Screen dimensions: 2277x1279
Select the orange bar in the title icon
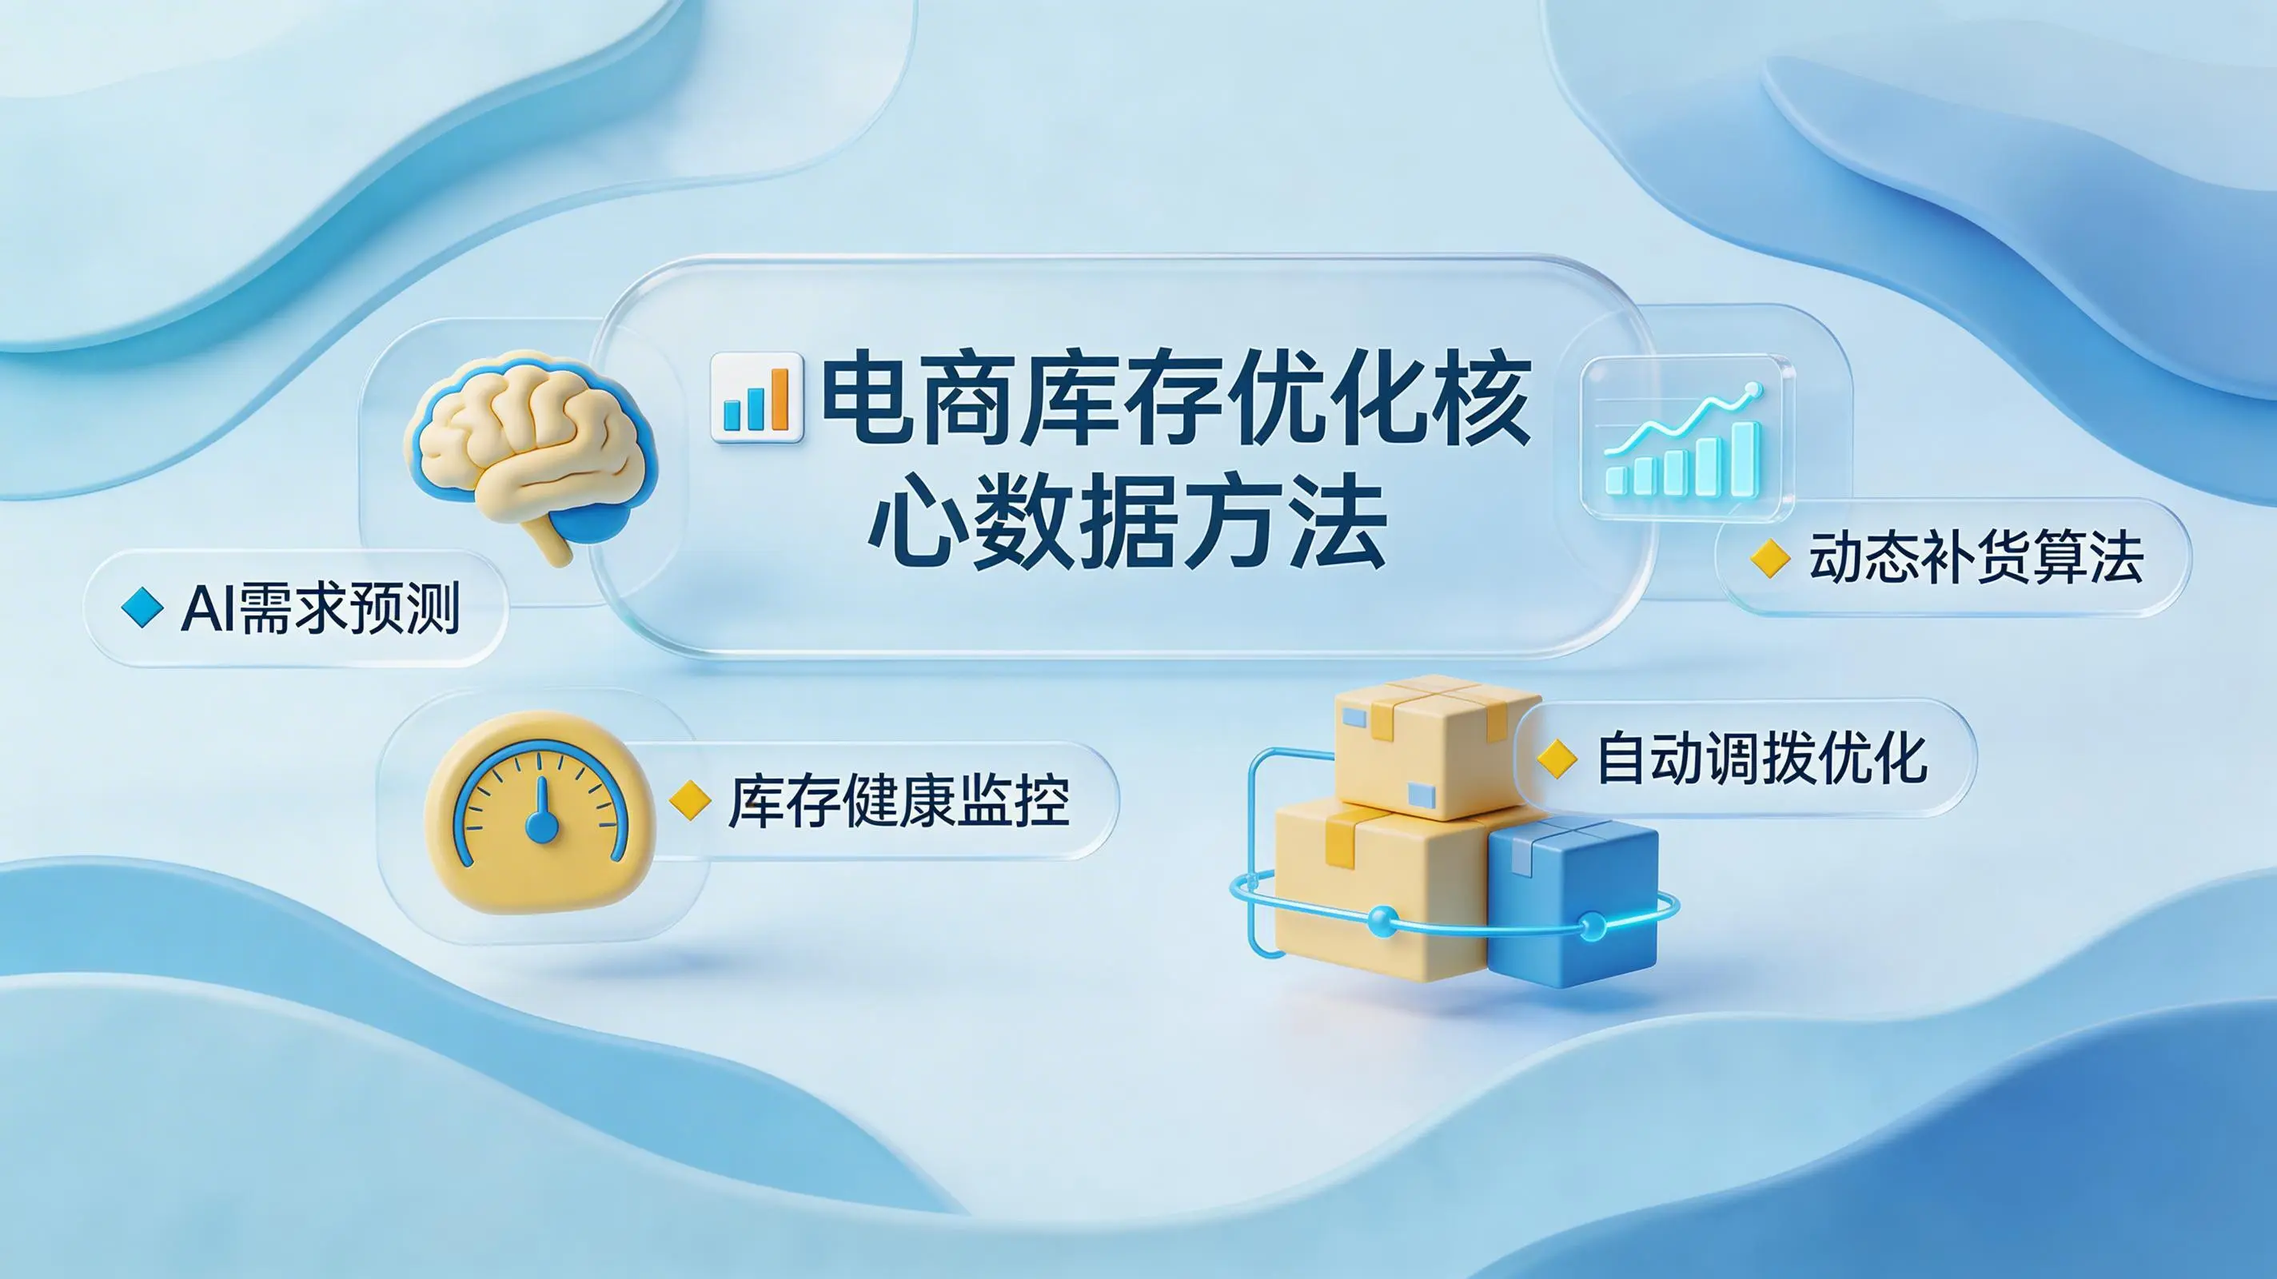click(779, 399)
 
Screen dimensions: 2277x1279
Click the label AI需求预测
click(320, 609)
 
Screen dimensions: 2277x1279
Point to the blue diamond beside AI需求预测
click(142, 608)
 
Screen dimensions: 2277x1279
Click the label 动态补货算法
click(1976, 558)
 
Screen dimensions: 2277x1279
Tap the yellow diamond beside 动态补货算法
click(1770, 559)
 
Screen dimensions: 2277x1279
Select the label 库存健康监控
click(898, 802)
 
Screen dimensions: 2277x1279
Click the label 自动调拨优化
click(1761, 758)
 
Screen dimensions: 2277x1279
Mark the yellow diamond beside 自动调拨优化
click(1557, 759)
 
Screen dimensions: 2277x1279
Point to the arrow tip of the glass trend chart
click(1753, 390)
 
